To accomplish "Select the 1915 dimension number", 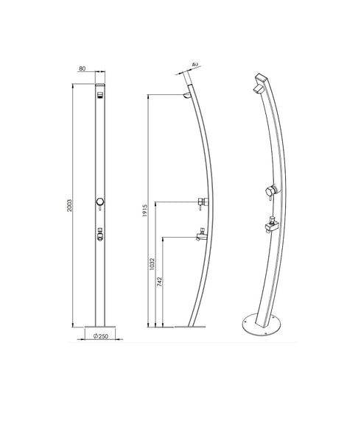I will (x=147, y=213).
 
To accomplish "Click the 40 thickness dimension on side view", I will (x=194, y=65).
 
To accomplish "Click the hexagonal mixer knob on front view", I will (x=99, y=202).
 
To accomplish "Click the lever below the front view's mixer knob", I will (x=99, y=215).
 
